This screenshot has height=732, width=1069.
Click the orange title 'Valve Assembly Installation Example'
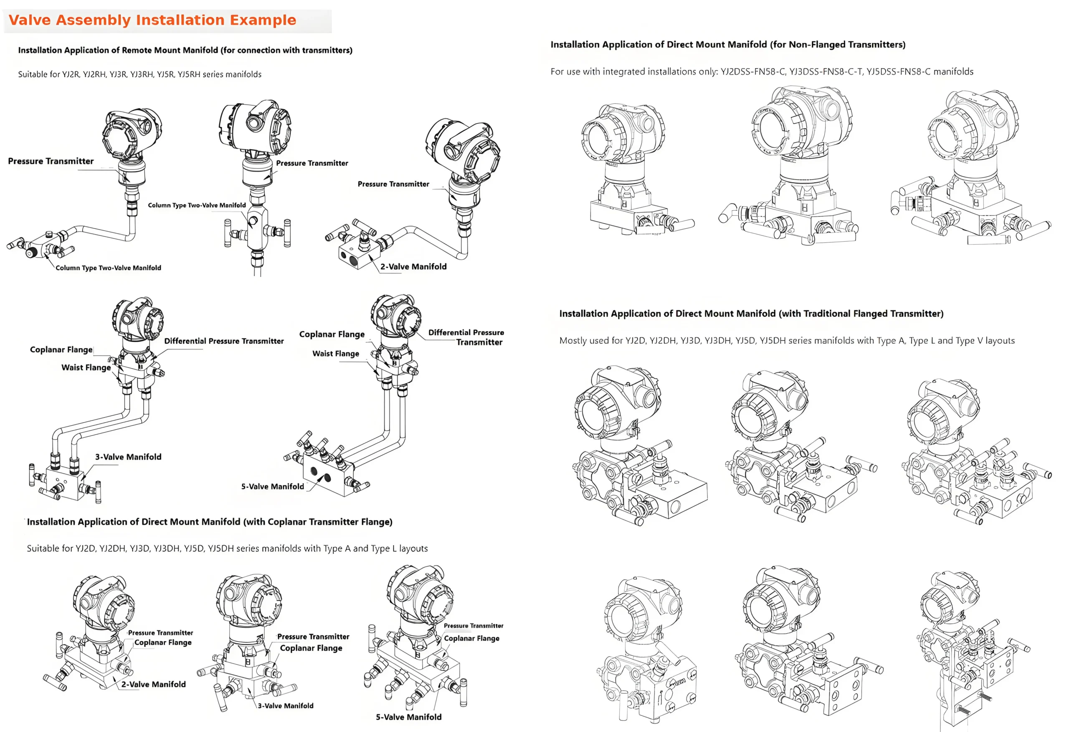point(152,20)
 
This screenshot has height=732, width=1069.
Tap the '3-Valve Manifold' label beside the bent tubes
point(128,457)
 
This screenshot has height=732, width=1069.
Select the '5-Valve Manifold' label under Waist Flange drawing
point(272,486)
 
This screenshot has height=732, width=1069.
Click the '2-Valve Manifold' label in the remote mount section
point(413,267)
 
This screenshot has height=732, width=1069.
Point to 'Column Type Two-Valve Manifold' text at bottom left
point(108,268)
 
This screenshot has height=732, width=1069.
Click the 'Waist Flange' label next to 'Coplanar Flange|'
point(86,367)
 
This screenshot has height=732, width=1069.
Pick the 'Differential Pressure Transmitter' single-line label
point(223,341)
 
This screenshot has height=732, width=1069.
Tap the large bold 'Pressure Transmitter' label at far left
point(51,161)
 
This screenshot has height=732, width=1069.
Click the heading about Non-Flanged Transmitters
point(728,45)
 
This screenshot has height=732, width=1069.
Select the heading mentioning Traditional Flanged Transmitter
point(751,314)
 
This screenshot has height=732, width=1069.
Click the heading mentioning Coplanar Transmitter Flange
point(209,522)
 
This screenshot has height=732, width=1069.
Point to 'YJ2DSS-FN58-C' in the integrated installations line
point(752,72)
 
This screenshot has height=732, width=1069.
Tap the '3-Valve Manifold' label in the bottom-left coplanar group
point(285,706)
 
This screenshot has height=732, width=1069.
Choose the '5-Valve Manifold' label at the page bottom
point(408,717)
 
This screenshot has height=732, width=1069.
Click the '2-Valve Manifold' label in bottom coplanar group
point(153,684)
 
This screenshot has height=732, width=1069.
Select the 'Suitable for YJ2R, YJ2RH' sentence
point(139,74)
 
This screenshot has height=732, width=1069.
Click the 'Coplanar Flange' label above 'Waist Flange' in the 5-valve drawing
point(332,334)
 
